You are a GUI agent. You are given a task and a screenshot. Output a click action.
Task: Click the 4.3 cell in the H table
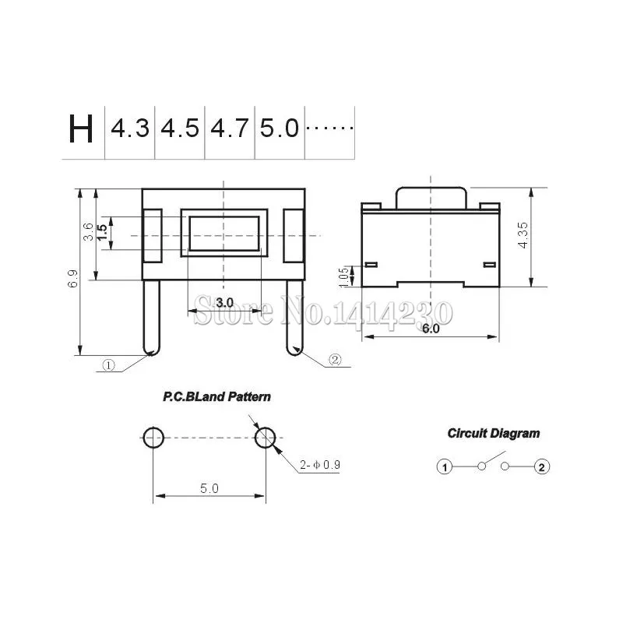130,128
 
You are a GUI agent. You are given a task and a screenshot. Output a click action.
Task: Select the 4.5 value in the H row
180,128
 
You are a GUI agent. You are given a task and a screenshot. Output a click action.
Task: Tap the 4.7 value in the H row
230,128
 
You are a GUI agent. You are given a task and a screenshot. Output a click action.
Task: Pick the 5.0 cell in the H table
280,128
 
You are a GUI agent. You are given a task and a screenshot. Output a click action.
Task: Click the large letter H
81,128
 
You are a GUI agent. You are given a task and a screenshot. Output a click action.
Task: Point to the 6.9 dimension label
72,278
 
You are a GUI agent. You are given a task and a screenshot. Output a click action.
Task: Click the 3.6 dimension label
88,231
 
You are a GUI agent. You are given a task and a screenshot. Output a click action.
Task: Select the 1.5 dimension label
102,232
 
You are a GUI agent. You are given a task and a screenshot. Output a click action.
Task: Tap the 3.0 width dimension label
224,303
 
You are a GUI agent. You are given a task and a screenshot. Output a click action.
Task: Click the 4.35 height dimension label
523,235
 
